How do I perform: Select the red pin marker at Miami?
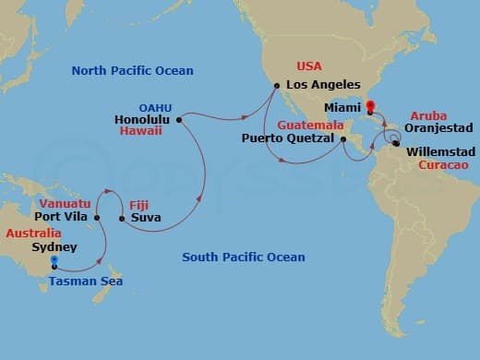[370, 108]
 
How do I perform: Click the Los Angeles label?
[322, 86]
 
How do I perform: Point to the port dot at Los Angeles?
[276, 87]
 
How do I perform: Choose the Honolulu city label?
[143, 119]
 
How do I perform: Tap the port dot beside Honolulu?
[179, 119]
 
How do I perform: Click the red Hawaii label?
[141, 132]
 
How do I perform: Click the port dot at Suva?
[122, 219]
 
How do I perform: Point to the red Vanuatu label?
[64, 202]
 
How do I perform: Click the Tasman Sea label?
[86, 281]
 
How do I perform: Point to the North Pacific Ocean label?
[120, 72]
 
